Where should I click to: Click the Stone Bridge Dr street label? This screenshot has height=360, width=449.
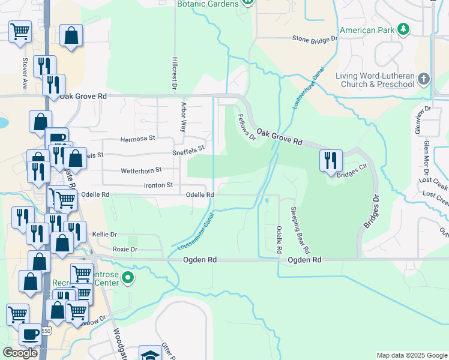point(315,38)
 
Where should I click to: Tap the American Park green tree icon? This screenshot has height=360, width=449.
point(405,29)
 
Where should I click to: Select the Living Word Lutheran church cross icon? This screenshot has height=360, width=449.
point(424,79)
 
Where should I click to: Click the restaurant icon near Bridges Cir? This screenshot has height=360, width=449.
point(330,160)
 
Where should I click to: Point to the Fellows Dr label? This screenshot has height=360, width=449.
point(247,127)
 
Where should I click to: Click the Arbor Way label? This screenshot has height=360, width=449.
point(184,116)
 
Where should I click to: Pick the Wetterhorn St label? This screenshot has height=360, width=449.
point(142,170)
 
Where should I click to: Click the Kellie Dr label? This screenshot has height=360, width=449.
point(104,234)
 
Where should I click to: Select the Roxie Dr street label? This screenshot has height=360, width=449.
point(125,249)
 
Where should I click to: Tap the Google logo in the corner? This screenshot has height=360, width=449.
point(20,353)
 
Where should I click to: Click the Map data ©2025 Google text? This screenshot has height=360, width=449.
point(412,355)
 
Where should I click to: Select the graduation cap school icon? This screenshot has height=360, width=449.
point(149,353)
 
